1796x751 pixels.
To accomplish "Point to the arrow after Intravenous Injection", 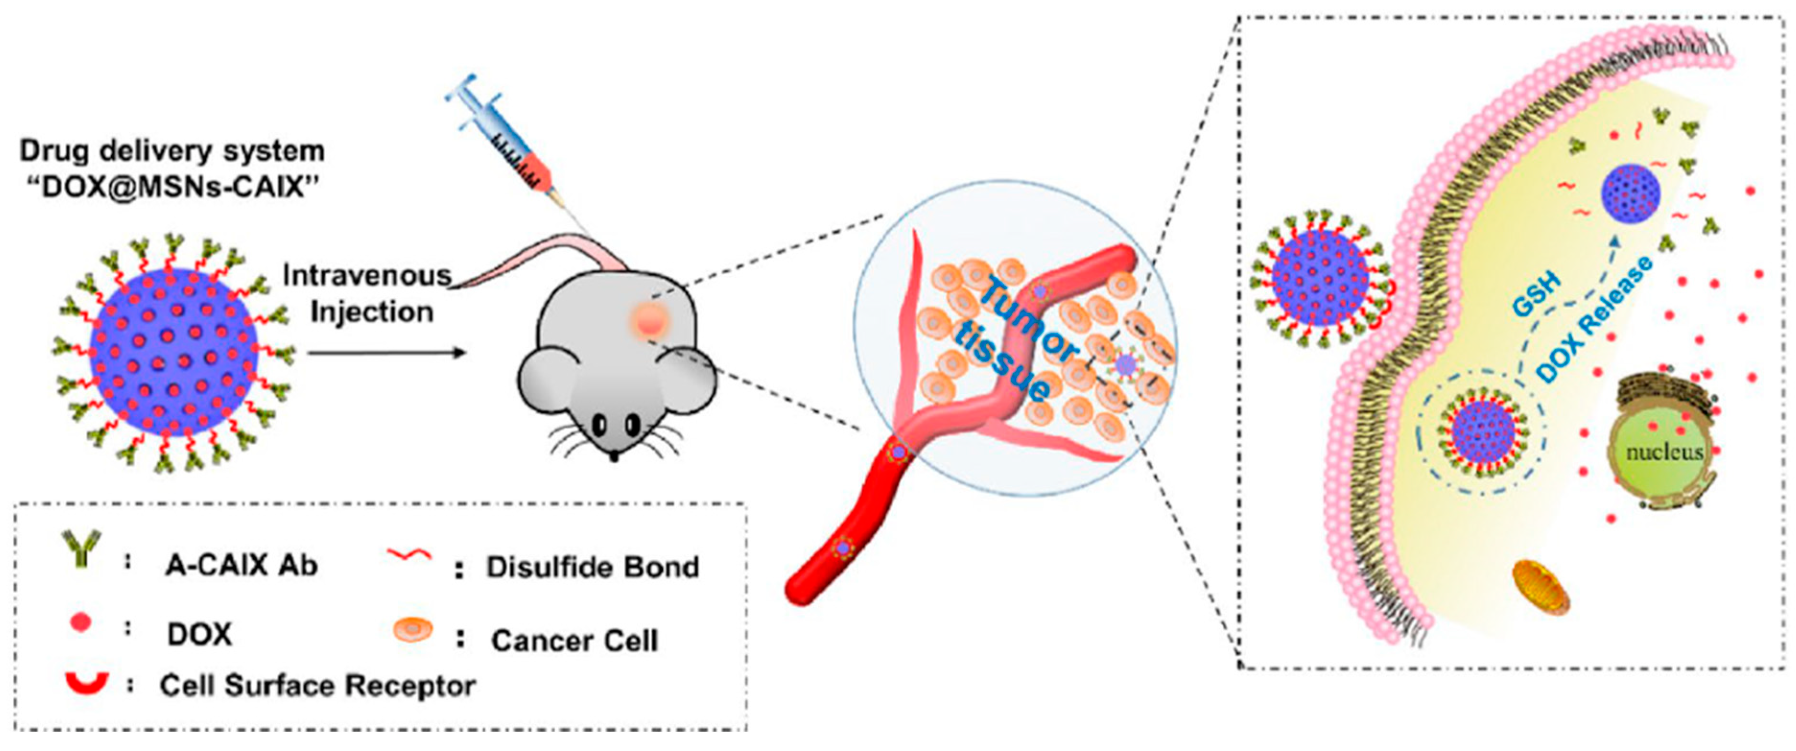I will point(387,353).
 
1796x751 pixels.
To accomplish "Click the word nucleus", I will point(1664,452).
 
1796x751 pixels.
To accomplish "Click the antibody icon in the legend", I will point(82,547).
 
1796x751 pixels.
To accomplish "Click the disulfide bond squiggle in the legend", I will point(409,556).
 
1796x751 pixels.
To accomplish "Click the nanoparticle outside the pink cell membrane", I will point(1320,278).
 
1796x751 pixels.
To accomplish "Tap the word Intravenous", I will point(367,276).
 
